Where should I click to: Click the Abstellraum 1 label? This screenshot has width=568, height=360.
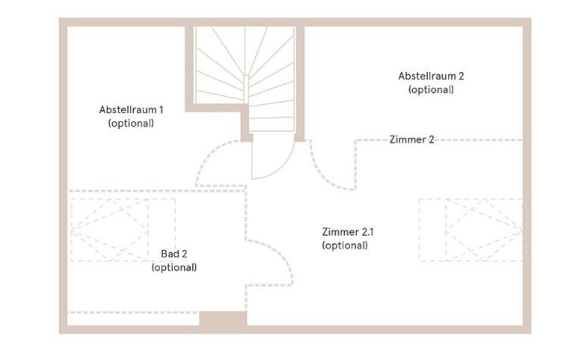tap(131, 109)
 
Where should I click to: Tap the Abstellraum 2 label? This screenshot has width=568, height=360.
tap(431, 76)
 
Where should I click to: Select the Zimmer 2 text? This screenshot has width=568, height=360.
tap(411, 139)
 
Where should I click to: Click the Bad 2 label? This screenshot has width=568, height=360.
tap(173, 254)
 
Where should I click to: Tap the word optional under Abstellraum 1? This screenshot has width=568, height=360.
tap(131, 123)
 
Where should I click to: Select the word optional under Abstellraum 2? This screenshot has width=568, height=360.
tap(431, 89)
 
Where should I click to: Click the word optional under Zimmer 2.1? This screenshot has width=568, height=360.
tap(345, 246)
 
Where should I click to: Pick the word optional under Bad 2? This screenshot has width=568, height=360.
tap(173, 268)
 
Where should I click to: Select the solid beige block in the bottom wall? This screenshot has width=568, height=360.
tap(223, 320)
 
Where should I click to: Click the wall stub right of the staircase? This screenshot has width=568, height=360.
tap(299, 83)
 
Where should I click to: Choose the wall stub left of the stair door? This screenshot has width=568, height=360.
tap(246, 125)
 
